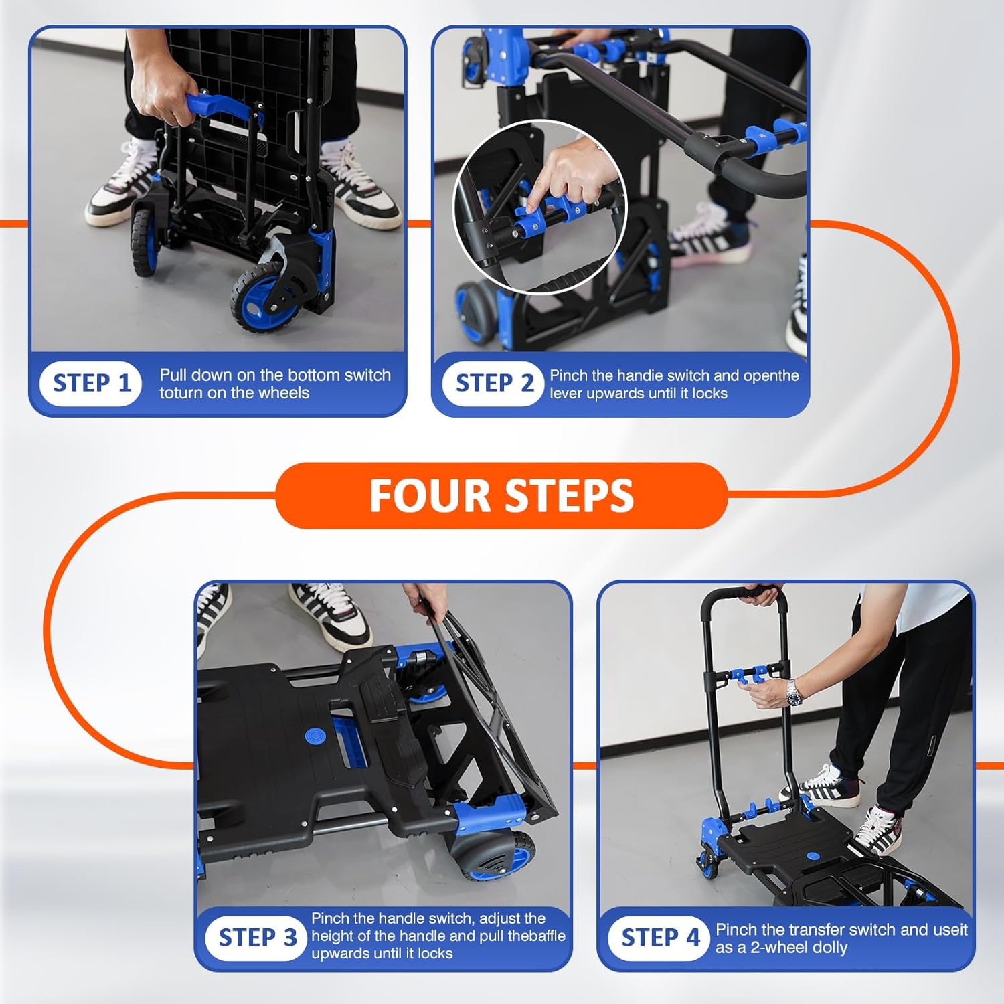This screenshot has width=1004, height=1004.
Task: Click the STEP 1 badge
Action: coord(91,384)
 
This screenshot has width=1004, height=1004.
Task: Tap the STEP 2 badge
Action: coord(493,384)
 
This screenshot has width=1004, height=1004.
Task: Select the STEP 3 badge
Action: coord(257,938)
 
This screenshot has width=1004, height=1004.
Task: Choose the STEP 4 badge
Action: coord(659,938)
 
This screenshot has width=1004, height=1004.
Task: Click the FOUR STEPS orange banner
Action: coord(501,495)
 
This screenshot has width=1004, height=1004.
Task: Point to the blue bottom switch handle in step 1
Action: coord(218,107)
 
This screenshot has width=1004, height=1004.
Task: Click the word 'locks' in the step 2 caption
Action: coord(709,394)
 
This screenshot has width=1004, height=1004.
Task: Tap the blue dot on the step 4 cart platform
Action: coord(813,856)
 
